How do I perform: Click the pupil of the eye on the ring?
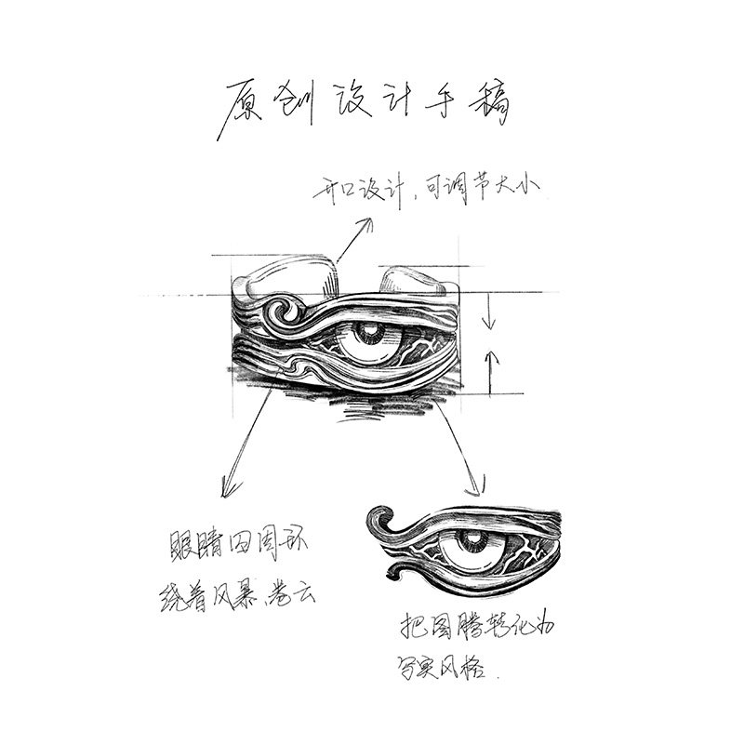point(370,332)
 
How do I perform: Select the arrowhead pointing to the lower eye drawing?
point(481,485)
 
